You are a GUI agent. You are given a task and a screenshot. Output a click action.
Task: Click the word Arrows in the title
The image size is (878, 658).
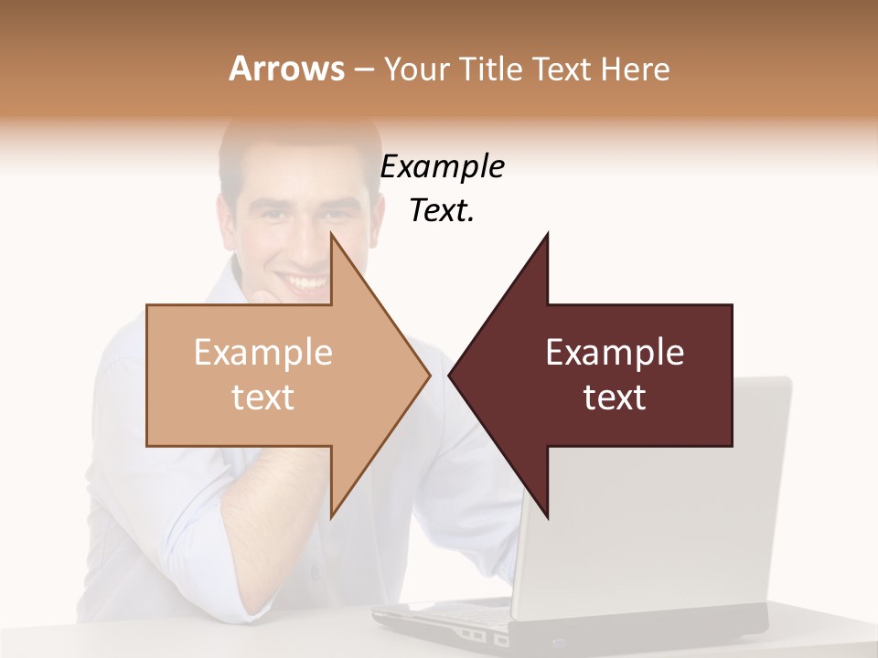pyautogui.click(x=286, y=69)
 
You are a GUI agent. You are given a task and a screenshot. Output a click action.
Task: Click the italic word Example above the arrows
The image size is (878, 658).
pyautogui.click(x=442, y=167)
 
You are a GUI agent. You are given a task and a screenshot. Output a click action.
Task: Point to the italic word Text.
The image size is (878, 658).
pyautogui.click(x=442, y=211)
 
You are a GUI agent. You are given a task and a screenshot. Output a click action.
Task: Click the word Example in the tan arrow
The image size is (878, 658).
pyautogui.click(x=263, y=353)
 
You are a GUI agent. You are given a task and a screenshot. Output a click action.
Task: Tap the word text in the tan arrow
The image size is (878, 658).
pyautogui.click(x=263, y=398)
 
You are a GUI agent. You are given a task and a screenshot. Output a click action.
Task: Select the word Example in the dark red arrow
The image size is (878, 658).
pyautogui.click(x=615, y=353)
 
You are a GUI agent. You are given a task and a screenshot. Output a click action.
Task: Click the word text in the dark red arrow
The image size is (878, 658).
pyautogui.click(x=615, y=398)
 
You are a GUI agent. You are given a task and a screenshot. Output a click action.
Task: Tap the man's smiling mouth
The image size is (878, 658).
pyautogui.click(x=302, y=281)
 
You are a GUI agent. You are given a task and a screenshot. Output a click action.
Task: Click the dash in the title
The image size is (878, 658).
pyautogui.click(x=363, y=69)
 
